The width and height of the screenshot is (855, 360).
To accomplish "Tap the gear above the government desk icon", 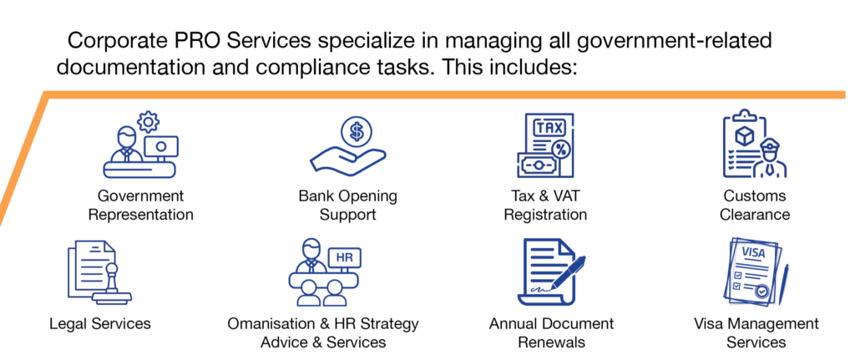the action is click(x=148, y=121).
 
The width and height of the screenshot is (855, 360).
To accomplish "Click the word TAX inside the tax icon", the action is click(x=549, y=128).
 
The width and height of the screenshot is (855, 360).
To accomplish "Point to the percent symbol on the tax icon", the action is click(x=560, y=149).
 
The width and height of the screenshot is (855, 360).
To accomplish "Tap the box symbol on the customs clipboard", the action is click(x=744, y=134).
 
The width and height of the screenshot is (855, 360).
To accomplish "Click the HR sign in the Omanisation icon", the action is click(x=345, y=257).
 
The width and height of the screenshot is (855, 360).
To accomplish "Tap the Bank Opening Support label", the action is click(x=348, y=205).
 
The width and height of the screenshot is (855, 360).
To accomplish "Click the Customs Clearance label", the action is click(x=755, y=205).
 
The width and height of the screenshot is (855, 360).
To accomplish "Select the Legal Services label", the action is click(x=100, y=323).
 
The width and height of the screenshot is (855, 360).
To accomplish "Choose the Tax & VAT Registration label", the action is click(x=545, y=205).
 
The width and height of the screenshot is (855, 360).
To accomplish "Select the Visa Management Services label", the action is click(x=756, y=332).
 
